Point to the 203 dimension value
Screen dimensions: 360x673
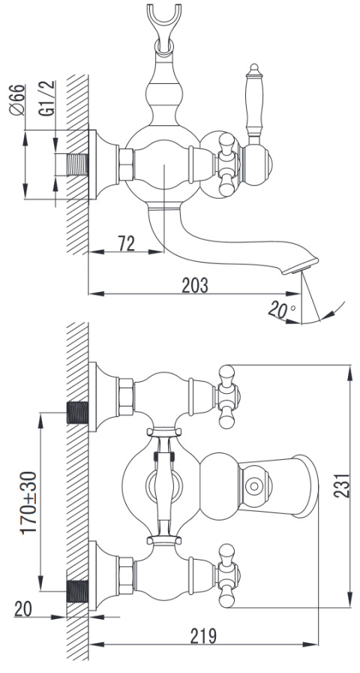click(x=195, y=285)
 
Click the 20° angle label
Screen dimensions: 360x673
click(x=281, y=309)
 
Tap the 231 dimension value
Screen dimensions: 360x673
click(x=342, y=485)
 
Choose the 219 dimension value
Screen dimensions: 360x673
click(x=203, y=636)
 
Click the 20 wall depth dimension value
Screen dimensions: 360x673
click(x=23, y=608)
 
